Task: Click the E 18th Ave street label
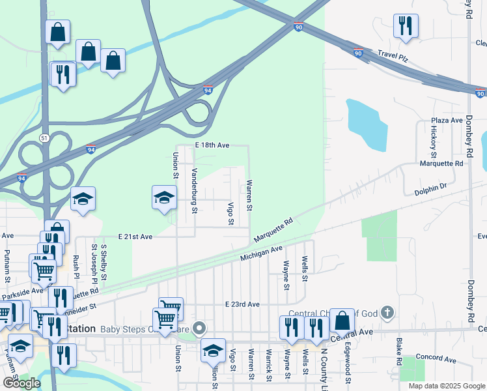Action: tap(212, 145)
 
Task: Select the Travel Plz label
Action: tap(395, 57)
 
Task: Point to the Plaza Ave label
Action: tap(447, 121)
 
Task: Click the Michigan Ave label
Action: tap(261, 253)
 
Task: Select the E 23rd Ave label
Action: tap(242, 304)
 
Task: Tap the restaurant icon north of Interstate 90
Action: tap(406, 26)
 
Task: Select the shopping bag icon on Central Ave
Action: tap(342, 321)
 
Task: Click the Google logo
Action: tap(21, 383)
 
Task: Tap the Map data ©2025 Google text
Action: tap(446, 386)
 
